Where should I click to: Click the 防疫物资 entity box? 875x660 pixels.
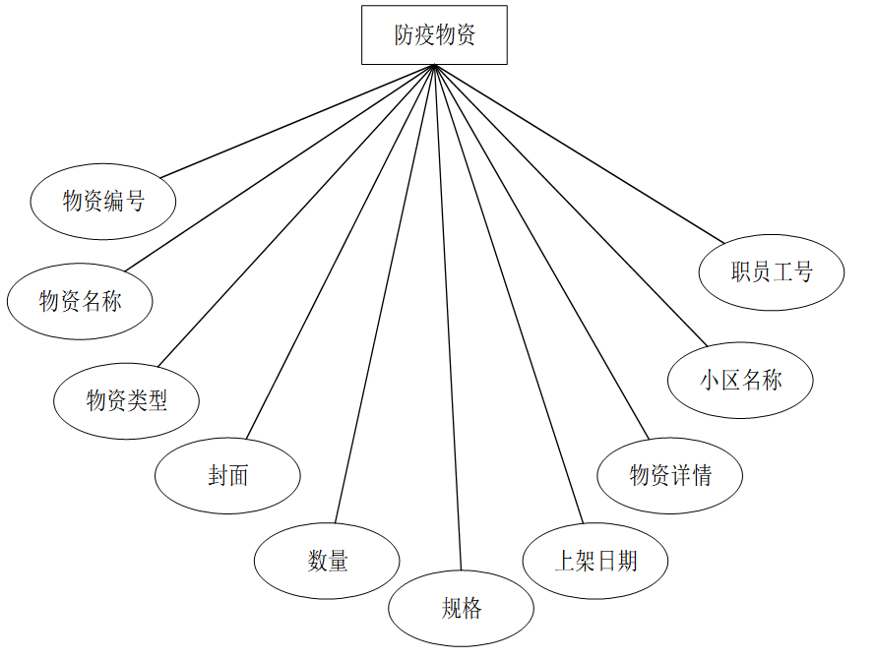[x=434, y=35]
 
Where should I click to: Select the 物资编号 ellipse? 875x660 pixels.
[x=103, y=202]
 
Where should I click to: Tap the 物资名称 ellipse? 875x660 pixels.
[x=80, y=301]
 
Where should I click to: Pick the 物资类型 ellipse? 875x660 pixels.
[x=127, y=400]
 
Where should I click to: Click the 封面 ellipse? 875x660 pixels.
[x=227, y=476]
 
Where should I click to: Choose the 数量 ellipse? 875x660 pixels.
[x=327, y=562]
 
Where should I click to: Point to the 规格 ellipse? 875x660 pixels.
[x=461, y=608]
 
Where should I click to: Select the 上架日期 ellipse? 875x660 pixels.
[x=595, y=561]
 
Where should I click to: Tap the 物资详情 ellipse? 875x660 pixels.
[x=670, y=476]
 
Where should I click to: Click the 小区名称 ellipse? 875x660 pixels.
[x=740, y=381]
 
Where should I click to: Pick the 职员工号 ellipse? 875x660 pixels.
[x=772, y=272]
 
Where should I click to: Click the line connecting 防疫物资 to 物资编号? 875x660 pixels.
[x=297, y=121]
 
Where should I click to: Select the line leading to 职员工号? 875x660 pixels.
[x=579, y=153]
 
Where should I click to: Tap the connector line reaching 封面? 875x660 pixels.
[x=340, y=252]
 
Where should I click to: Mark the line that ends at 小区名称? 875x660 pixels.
[x=571, y=206]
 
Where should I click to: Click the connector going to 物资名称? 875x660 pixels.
[x=280, y=168]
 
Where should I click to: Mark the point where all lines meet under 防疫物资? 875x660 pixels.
[x=434, y=66]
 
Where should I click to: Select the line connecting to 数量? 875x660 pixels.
[x=385, y=293]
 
